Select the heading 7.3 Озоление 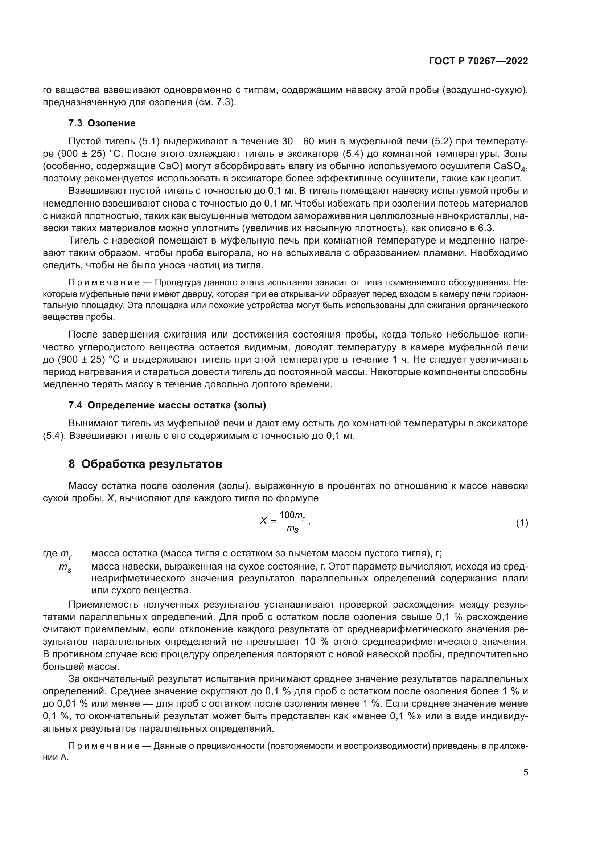coord(102,123)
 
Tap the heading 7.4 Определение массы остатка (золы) coord(167,405)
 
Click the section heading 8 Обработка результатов coord(145,464)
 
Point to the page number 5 coord(525,772)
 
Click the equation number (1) coord(522,523)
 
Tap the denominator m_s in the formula coord(293,530)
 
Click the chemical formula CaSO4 coord(509,166)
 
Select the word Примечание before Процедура coord(104,283)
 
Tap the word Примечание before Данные coord(104,746)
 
